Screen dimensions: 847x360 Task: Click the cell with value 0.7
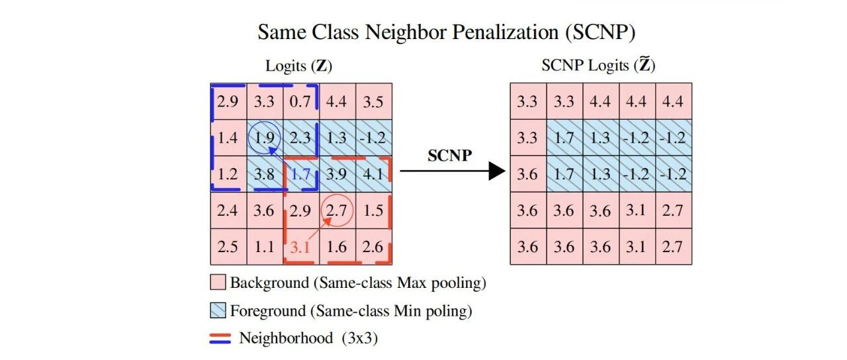click(301, 101)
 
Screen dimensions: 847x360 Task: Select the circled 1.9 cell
click(265, 138)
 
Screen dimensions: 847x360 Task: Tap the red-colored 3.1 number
click(300, 247)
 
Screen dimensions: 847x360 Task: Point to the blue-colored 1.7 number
click(301, 174)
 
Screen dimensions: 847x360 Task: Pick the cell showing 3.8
click(265, 174)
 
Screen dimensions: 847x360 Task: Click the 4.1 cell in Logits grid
click(374, 174)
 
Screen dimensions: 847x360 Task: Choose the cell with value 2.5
click(228, 247)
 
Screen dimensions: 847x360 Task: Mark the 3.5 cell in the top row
click(374, 101)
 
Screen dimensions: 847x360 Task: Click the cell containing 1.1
click(265, 247)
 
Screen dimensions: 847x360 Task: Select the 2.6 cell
click(374, 247)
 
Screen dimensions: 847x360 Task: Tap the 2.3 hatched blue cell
click(301, 138)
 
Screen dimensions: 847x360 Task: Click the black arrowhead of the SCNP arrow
click(497, 171)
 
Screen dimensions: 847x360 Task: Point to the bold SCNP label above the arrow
click(449, 156)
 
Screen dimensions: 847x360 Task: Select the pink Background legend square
click(218, 282)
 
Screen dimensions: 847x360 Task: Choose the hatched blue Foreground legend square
click(218, 310)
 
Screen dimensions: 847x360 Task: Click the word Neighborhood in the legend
click(287, 338)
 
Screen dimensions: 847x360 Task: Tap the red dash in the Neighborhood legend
click(220, 335)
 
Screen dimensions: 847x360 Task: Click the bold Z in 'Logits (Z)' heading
click(322, 66)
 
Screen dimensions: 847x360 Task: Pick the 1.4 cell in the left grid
click(228, 138)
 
